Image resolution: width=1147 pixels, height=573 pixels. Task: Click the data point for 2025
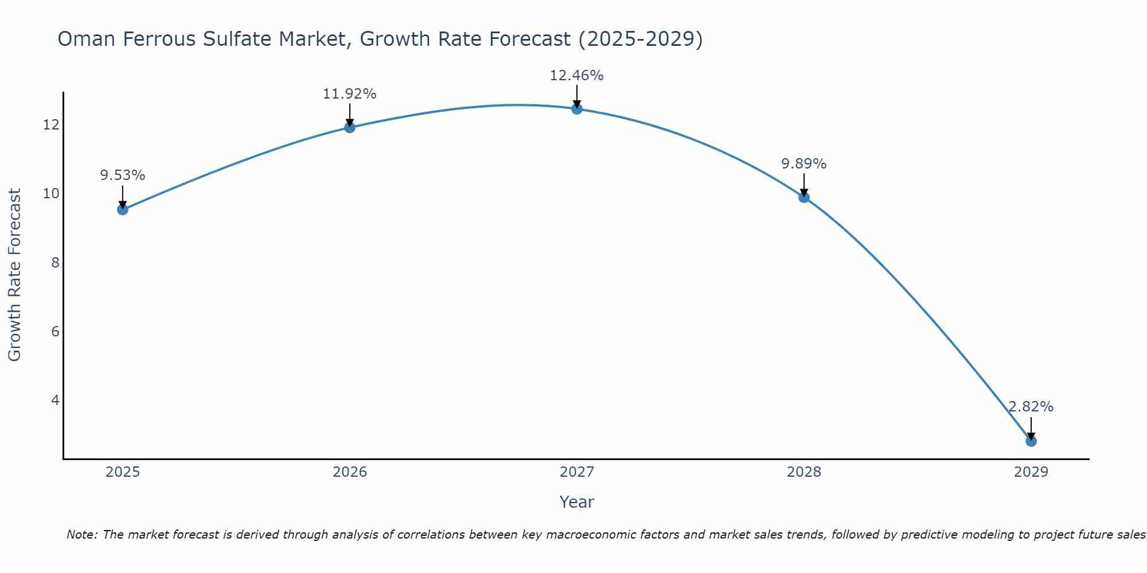[123, 210]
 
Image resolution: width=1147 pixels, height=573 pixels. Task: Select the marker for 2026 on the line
[350, 127]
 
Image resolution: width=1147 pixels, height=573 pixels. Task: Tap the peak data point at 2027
[577, 109]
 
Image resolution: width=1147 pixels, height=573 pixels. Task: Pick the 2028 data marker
[804, 197]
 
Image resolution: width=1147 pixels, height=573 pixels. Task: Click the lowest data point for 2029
[1031, 441]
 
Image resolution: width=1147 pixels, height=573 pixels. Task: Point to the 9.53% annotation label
[123, 175]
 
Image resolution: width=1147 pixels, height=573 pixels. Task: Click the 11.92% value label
[349, 94]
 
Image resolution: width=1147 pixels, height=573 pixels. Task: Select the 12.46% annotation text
[576, 76]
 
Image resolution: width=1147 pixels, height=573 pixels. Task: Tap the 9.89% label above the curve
[803, 164]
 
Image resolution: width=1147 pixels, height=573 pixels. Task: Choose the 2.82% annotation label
[1031, 407]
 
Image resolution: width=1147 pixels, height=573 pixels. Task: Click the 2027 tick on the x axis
[577, 472]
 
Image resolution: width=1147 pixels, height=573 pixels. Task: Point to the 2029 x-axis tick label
[1031, 472]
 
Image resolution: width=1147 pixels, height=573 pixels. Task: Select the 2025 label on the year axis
[123, 472]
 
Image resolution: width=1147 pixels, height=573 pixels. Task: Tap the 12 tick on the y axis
[51, 125]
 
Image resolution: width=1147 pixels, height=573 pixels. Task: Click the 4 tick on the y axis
[55, 400]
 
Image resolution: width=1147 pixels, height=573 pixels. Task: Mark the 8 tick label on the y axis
[55, 262]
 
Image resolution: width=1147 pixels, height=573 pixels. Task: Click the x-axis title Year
[576, 502]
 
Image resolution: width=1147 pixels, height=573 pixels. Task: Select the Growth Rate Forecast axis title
[14, 275]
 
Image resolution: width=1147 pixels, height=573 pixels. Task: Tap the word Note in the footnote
[82, 535]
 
